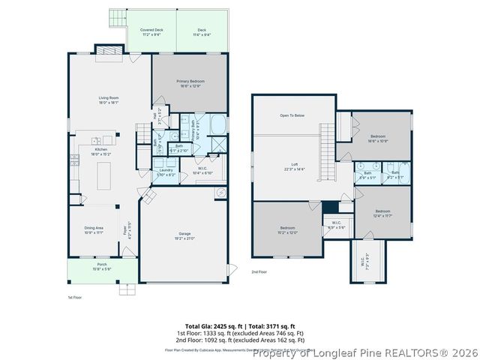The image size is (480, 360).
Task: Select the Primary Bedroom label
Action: (190, 83)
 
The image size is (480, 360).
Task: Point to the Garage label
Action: (184, 236)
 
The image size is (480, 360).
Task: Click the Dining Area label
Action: (94, 230)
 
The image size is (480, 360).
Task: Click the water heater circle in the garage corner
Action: (220, 193)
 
